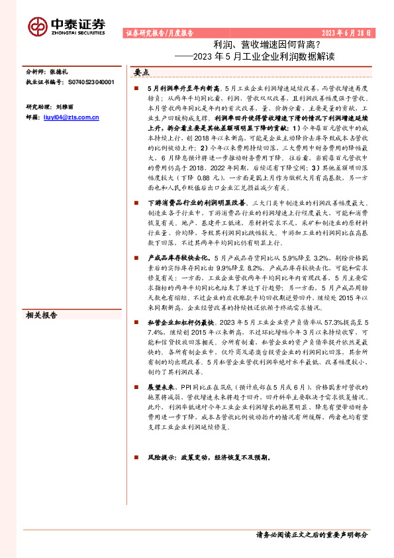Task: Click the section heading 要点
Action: click(x=142, y=72)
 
